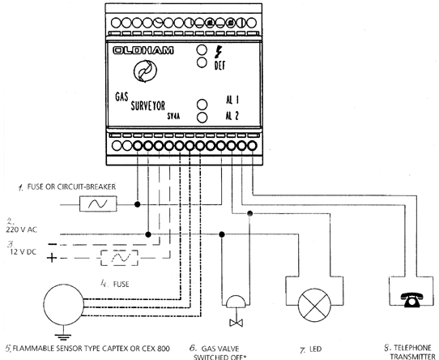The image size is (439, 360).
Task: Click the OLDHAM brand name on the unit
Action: [143, 50]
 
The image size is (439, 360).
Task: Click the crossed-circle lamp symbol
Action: [315, 306]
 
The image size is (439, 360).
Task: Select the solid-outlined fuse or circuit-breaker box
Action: [98, 204]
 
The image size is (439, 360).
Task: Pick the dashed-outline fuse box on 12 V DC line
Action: [119, 258]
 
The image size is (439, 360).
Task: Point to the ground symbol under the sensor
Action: [63, 335]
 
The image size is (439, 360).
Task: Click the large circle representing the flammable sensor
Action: [64, 305]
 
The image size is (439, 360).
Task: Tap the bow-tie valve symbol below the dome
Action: [236, 323]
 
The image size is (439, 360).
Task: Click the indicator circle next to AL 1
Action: [202, 105]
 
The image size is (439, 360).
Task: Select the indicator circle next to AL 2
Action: [202, 118]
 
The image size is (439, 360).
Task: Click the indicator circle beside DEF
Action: [202, 62]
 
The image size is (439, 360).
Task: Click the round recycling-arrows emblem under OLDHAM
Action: [145, 71]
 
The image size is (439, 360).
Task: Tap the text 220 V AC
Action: [22, 229]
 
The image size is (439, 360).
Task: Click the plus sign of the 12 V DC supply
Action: [52, 258]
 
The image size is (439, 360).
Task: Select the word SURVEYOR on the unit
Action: [148, 106]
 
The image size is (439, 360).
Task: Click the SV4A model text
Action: [173, 116]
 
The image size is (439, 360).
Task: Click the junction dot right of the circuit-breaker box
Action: [137, 204]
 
